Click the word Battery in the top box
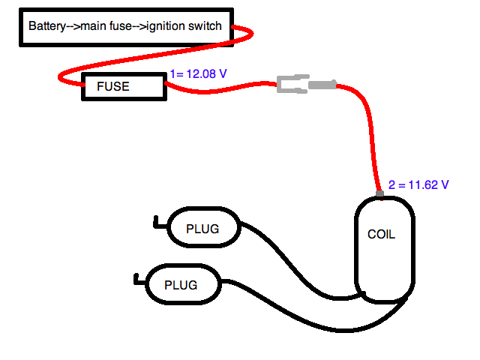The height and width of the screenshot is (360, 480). [x=46, y=26]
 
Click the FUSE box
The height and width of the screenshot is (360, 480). [x=123, y=86]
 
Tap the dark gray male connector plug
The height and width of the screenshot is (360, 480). [x=322, y=85]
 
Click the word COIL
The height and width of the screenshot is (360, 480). [x=381, y=234]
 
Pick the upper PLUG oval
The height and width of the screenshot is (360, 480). [x=202, y=228]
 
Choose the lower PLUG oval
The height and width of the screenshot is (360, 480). [x=181, y=285]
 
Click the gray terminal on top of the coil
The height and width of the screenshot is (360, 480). [x=379, y=195]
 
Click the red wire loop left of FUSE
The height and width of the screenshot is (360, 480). [x=63, y=76]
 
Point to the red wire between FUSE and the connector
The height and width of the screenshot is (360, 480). [x=225, y=88]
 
